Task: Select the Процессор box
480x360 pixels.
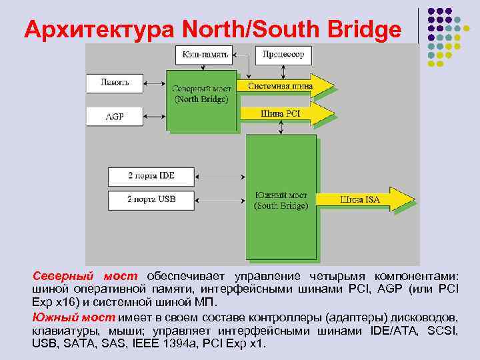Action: pos(283,55)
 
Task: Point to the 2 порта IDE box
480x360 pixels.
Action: pos(151,176)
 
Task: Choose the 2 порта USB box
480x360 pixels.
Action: pos(151,199)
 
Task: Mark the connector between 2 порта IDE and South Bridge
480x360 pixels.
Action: pos(219,176)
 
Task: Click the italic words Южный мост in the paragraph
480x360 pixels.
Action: pos(73,316)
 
